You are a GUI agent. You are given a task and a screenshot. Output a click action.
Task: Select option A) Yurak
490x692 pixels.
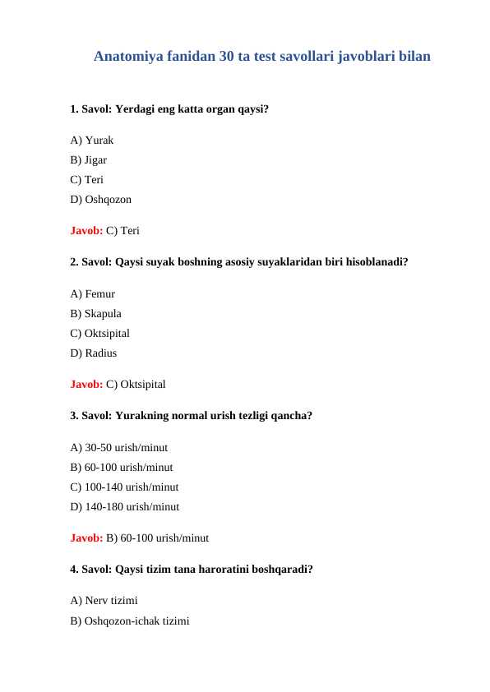coord(92,140)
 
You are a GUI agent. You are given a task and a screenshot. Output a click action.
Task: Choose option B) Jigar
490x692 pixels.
coord(89,159)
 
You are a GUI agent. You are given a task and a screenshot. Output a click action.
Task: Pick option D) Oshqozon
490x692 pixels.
coord(100,199)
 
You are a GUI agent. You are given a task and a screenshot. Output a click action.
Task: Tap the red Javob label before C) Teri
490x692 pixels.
coord(86,230)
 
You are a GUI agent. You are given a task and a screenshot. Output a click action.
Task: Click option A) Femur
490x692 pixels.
coord(93,293)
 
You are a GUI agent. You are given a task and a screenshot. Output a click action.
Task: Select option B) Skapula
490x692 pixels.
coord(96,313)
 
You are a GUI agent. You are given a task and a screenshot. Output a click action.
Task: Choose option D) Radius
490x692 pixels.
coord(94,353)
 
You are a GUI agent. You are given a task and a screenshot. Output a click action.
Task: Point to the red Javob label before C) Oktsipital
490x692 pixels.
coord(86,384)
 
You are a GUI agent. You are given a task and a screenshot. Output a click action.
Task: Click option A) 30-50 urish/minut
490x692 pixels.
coord(119,448)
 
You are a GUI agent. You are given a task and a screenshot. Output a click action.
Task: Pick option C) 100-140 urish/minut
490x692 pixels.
coord(124,487)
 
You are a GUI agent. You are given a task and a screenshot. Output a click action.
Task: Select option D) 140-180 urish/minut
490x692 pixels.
coord(125,507)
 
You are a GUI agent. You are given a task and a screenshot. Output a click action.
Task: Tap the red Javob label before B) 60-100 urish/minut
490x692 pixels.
coord(86,538)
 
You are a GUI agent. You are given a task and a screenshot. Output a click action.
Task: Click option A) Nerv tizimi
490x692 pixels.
coord(104,602)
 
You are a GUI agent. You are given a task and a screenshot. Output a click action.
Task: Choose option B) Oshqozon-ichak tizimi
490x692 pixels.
coord(130,621)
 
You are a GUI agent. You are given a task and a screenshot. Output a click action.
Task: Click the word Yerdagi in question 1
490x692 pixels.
coord(136,108)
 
